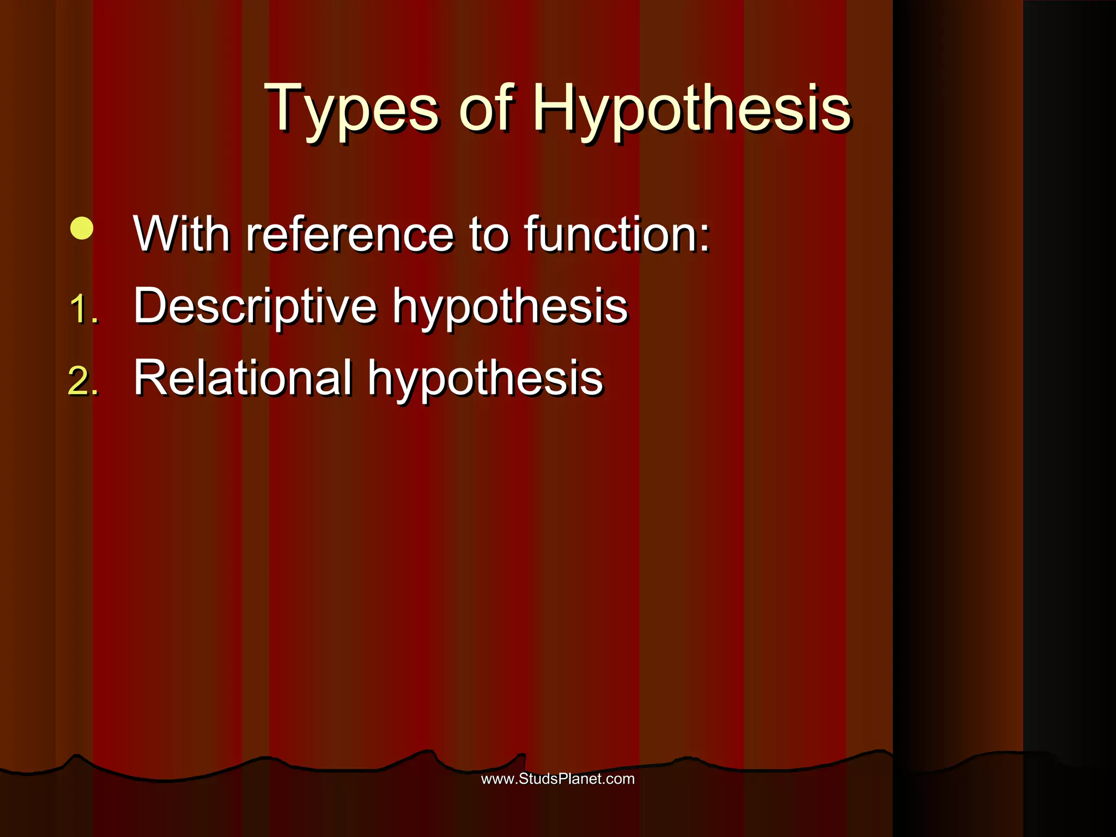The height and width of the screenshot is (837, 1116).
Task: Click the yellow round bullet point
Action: click(82, 229)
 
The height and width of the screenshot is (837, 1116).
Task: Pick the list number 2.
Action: click(83, 381)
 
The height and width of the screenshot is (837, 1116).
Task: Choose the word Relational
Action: click(242, 378)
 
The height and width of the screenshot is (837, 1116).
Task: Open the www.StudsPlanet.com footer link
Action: click(557, 779)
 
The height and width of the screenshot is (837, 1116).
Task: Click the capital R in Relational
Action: click(150, 377)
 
